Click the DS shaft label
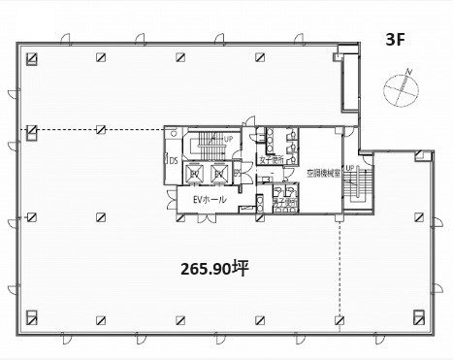click(x=174, y=163)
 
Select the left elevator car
click(x=195, y=173)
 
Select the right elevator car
click(x=221, y=173)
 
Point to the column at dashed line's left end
click(x=33, y=128)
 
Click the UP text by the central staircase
click(x=228, y=140)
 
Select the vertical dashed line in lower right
click(x=340, y=272)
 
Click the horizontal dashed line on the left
click(x=97, y=128)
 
